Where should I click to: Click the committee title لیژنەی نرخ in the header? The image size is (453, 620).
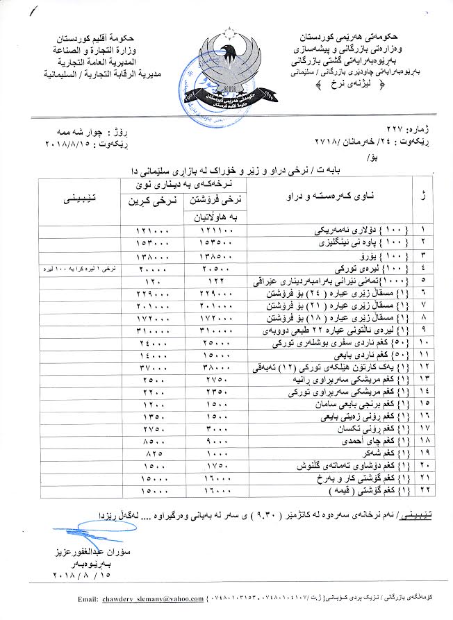[343, 84]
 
